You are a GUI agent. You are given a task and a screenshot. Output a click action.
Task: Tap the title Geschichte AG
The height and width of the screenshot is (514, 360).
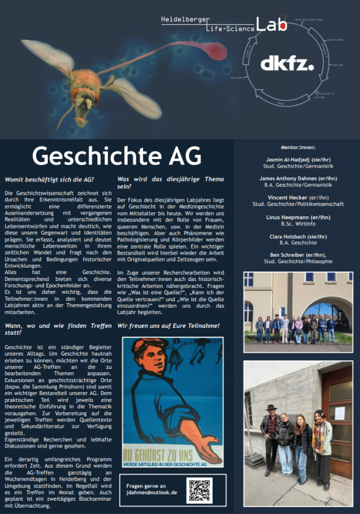click(117, 156)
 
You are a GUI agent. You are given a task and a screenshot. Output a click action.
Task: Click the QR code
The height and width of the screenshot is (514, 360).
click(199, 490)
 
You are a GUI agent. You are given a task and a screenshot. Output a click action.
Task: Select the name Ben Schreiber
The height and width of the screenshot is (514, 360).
click(290, 255)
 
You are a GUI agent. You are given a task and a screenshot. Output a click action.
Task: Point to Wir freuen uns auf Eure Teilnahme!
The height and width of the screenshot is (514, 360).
click(168, 326)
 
